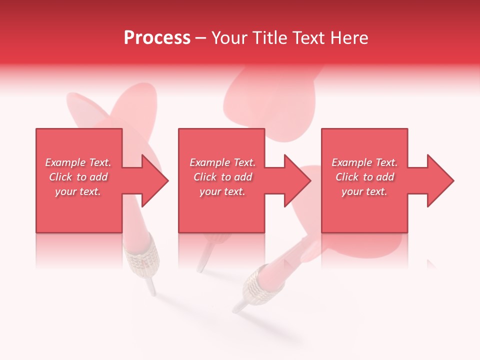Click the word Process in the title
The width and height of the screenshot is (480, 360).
point(157,38)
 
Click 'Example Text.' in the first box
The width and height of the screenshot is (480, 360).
point(78,162)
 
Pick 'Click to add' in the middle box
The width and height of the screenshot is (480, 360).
point(222,177)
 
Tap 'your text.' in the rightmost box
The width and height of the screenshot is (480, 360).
point(364,191)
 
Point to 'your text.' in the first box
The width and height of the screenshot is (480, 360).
point(78,191)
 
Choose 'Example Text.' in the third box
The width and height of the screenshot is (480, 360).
point(364,162)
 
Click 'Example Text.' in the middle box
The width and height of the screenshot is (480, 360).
point(222,162)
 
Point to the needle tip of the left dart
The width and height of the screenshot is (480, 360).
point(152,291)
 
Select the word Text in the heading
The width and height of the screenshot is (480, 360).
point(307,38)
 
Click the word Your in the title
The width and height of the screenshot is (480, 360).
point(229,38)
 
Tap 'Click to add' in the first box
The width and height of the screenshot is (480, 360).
point(78,177)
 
